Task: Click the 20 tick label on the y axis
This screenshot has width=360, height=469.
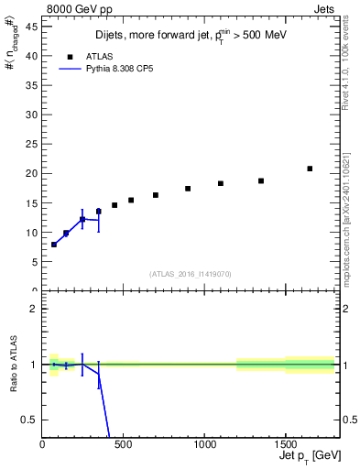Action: [35, 173]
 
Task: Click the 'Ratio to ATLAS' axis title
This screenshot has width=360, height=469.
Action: [15, 364]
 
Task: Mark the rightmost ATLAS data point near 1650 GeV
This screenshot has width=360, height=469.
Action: [310, 169]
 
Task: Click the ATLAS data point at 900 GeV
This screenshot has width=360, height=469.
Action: [188, 189]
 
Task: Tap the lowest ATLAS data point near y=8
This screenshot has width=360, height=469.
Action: [54, 245]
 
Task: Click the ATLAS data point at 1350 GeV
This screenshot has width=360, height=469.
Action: [261, 180]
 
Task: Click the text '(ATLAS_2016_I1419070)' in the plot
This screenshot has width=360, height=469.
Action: [191, 273]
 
